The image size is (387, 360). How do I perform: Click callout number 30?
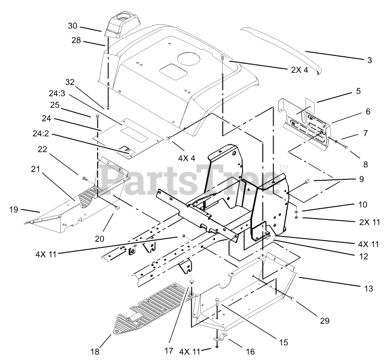(x=72, y=26)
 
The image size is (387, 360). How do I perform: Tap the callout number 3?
(x=369, y=60)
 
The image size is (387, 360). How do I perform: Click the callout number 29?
(x=325, y=321)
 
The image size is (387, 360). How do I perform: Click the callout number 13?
(x=369, y=288)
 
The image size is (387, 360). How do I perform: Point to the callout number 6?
(x=367, y=111)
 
